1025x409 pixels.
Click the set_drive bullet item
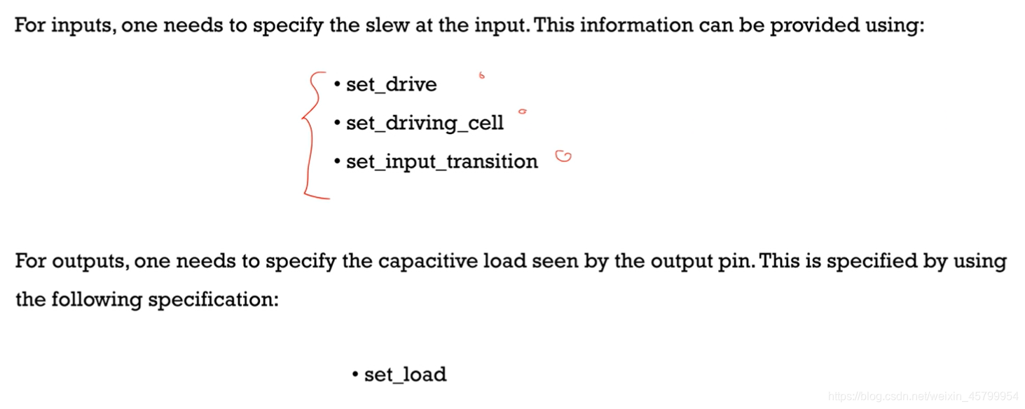(391, 85)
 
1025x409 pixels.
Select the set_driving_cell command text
(425, 123)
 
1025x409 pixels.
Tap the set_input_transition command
(441, 162)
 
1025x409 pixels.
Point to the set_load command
(405, 375)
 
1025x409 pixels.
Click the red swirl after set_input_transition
(563, 157)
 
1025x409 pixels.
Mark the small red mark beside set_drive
(481, 75)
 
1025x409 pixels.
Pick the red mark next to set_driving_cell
(522, 111)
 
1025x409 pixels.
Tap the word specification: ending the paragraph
(213, 300)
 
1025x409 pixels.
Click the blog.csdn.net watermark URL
(923, 396)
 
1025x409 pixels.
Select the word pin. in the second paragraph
(738, 262)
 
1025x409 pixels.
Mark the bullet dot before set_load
(355, 374)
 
